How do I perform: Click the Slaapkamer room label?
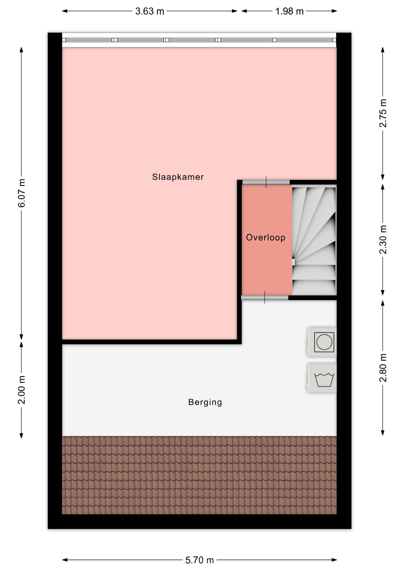click(x=178, y=177)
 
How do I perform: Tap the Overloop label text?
click(x=266, y=237)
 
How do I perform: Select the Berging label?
click(x=205, y=402)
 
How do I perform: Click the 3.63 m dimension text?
click(x=150, y=11)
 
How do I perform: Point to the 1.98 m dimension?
click(x=289, y=11)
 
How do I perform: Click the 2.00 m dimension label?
click(x=22, y=390)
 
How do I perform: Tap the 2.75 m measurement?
click(x=383, y=113)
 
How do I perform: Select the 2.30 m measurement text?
click(x=383, y=240)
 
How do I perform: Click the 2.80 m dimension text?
click(x=383, y=368)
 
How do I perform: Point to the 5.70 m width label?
click(x=200, y=560)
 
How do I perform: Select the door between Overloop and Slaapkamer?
click(x=266, y=182)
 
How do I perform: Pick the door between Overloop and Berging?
click(x=264, y=297)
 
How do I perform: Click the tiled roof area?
click(x=199, y=475)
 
